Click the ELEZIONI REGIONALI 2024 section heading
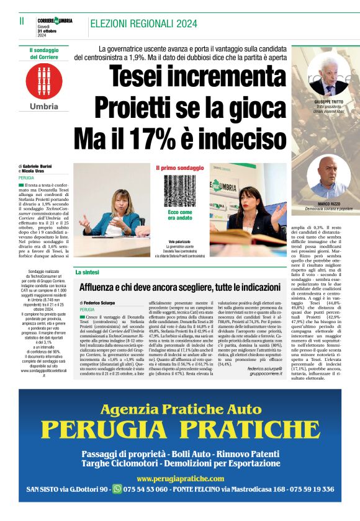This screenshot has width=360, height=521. (x=140, y=24)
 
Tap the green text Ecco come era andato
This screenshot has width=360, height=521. (x=180, y=215)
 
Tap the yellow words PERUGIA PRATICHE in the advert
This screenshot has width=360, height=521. (x=179, y=429)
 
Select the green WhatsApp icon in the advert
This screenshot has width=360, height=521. (x=117, y=489)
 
